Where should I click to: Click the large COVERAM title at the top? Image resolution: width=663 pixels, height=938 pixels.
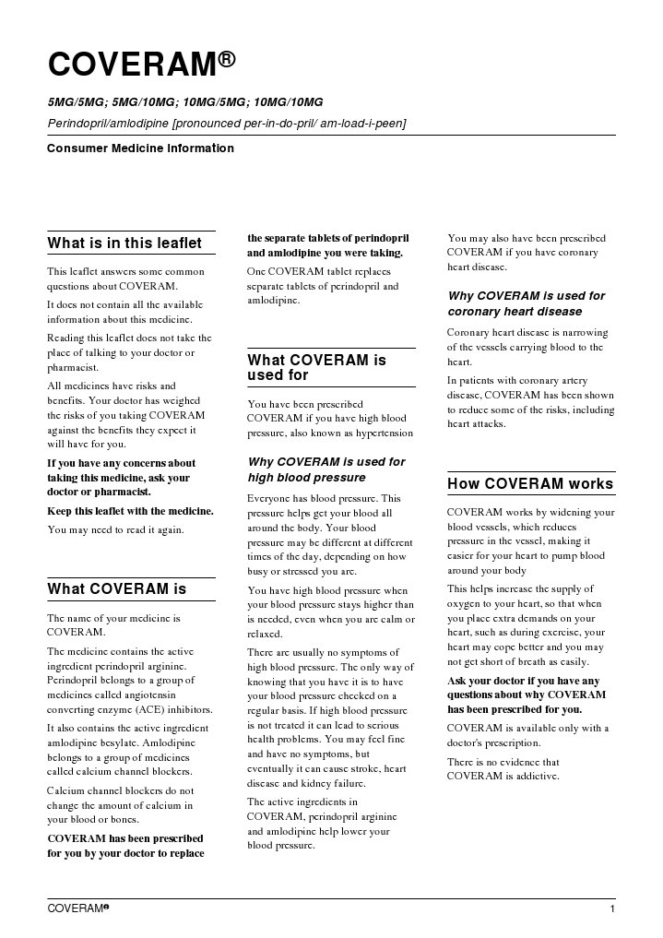click(132, 65)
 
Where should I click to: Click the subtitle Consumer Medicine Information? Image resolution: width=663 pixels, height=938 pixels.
click(140, 148)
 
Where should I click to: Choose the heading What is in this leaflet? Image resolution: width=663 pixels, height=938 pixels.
click(124, 243)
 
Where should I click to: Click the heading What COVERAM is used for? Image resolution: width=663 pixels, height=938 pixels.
click(316, 367)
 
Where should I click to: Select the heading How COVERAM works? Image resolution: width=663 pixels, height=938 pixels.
click(529, 484)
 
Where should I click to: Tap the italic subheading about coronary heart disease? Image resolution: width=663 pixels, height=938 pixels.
click(526, 303)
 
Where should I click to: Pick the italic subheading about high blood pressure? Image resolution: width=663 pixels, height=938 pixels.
click(326, 469)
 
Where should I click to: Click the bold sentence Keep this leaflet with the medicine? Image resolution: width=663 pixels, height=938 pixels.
click(130, 511)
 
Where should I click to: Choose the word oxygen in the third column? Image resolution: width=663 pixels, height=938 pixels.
click(465, 603)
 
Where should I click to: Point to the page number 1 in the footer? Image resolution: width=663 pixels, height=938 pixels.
click(611, 910)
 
